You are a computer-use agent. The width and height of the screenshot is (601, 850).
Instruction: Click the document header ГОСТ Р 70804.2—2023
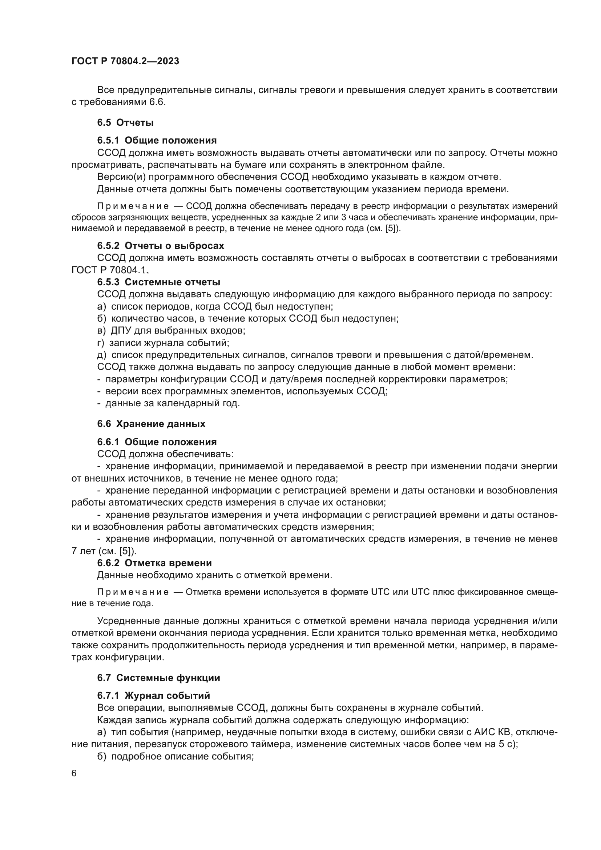coord(125,61)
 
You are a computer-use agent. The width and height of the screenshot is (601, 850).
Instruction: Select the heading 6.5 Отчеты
coord(125,122)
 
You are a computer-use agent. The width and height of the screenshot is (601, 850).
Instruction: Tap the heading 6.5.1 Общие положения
coord(157,140)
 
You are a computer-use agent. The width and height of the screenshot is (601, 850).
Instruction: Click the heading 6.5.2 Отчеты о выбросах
coord(161,246)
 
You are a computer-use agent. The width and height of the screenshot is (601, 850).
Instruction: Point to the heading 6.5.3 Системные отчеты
coord(159,282)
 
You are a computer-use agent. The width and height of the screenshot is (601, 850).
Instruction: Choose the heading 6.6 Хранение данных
coord(152,424)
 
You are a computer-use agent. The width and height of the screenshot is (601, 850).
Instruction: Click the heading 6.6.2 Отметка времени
coord(154,563)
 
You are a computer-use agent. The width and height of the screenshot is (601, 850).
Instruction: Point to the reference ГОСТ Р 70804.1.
coord(109,270)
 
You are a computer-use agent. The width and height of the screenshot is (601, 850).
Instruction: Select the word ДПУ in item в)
coord(120,330)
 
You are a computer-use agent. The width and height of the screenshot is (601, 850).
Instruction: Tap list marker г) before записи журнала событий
coord(101,343)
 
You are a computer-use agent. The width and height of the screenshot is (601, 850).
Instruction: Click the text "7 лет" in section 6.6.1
coord(84,551)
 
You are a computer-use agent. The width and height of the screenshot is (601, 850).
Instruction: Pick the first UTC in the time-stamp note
coord(380,592)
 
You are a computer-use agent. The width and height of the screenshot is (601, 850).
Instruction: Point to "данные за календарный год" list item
coord(173,403)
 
